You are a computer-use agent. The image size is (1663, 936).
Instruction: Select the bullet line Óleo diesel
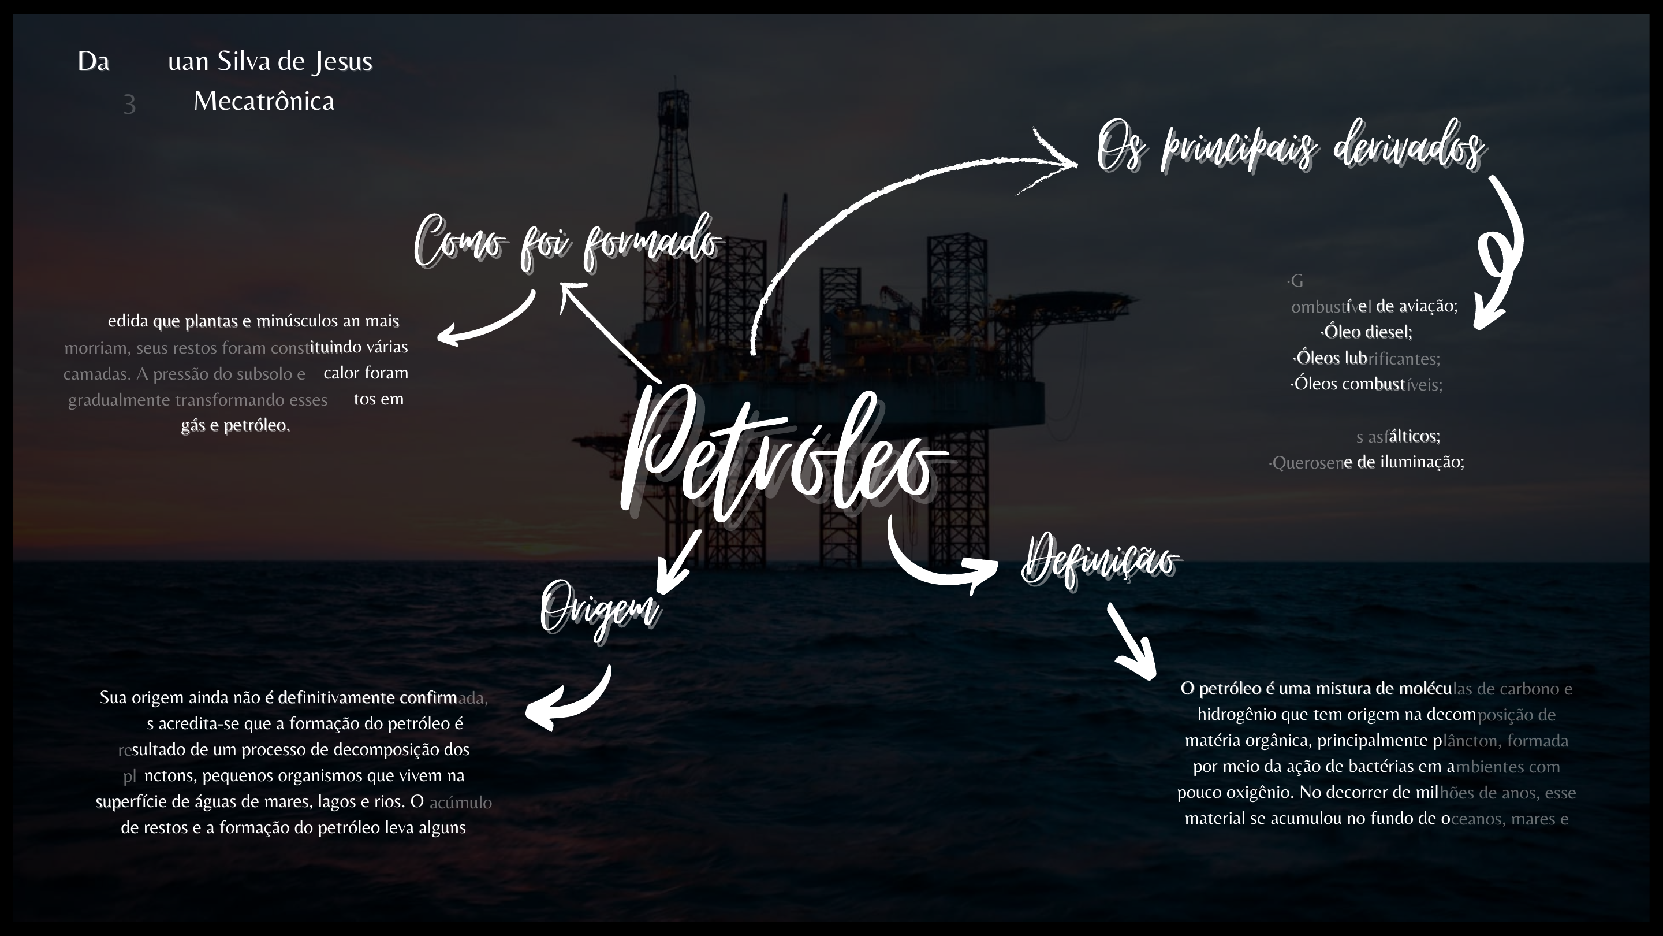click(1367, 332)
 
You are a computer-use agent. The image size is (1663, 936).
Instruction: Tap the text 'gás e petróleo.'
click(236, 425)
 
